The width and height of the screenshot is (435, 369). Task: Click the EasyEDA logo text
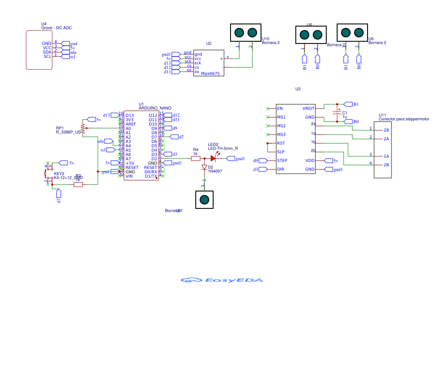222,280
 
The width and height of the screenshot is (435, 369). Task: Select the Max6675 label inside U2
210,74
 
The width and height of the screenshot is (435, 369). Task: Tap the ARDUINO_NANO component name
155,108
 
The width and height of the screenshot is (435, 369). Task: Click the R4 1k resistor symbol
196,158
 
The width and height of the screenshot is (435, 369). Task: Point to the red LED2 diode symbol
213,158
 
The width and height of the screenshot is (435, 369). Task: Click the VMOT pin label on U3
309,109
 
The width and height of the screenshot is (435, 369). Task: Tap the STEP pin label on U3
282,161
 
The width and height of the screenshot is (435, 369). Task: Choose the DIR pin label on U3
281,169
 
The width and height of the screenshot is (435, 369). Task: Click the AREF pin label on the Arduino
131,124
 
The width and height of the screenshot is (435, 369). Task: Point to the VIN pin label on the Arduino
129,176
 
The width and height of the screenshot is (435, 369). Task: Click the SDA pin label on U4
47,52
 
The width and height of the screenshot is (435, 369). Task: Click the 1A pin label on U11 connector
386,156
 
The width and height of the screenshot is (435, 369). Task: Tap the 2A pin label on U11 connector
386,139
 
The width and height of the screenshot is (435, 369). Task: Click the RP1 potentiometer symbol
83,128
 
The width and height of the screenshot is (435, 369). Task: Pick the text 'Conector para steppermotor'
404,119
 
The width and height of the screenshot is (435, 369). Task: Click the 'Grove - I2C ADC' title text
57,28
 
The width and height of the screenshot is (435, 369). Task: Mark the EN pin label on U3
280,109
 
